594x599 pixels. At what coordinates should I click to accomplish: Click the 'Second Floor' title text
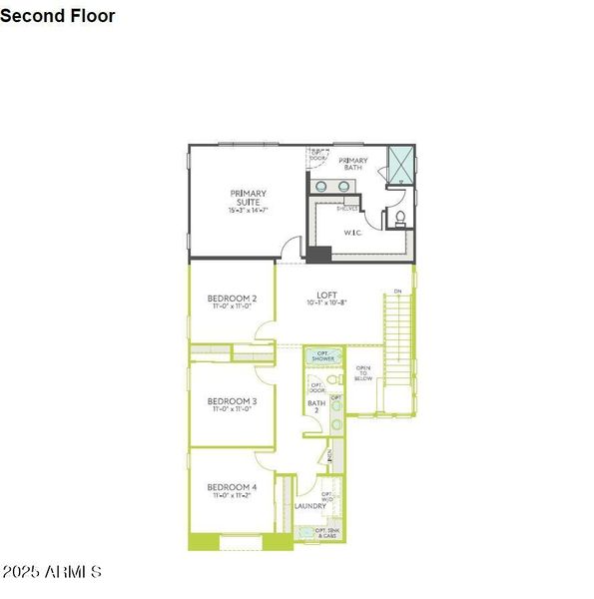[58, 16]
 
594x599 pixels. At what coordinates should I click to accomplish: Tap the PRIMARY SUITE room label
[249, 198]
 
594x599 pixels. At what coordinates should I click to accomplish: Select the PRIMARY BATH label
[352, 164]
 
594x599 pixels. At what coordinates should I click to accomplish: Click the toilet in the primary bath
[399, 218]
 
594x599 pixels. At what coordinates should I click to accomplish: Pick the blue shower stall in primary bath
[401, 165]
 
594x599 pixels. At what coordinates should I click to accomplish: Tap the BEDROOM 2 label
[233, 299]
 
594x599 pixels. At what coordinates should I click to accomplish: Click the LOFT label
[326, 296]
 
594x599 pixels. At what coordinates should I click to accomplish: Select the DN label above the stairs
[397, 292]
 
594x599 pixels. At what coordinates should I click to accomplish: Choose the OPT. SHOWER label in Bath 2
[323, 356]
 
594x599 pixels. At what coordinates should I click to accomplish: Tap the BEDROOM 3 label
[233, 401]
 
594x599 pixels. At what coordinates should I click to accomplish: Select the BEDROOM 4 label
[233, 487]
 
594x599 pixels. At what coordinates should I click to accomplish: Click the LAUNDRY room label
[310, 505]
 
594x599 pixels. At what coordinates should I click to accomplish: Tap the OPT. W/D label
[326, 495]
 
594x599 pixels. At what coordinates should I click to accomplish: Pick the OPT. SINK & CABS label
[326, 533]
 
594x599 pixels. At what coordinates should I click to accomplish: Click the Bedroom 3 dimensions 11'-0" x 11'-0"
[233, 409]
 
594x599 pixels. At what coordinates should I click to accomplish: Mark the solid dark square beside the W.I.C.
[318, 254]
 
